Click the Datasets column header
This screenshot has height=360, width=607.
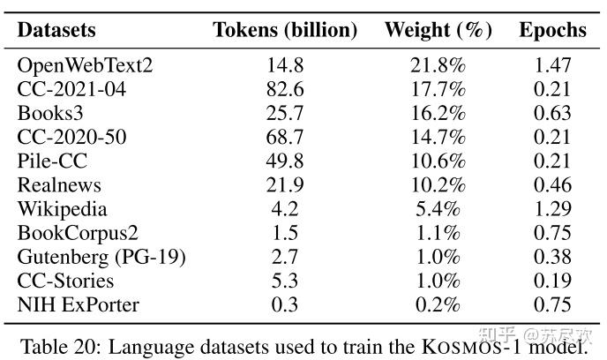(x=56, y=30)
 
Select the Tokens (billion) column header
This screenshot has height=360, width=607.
(x=285, y=30)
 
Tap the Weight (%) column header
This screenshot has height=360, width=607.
(x=438, y=30)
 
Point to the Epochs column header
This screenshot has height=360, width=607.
(x=552, y=30)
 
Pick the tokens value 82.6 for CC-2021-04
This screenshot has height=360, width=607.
(x=285, y=89)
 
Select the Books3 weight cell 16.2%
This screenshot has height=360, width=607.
(x=438, y=114)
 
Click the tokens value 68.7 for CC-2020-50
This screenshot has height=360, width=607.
(x=285, y=138)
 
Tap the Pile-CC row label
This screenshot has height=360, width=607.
(x=53, y=161)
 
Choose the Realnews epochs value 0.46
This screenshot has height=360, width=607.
(x=552, y=185)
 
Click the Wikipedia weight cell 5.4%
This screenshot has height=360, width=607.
(x=438, y=210)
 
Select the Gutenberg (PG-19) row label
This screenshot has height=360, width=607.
(x=101, y=258)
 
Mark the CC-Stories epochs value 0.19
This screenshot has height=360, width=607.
(x=552, y=281)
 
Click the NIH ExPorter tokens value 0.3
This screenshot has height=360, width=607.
(x=285, y=305)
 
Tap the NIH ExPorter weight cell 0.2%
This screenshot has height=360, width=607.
(x=438, y=305)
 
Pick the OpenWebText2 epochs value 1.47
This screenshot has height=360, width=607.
(x=552, y=65)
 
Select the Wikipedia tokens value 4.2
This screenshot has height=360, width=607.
(x=285, y=210)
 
